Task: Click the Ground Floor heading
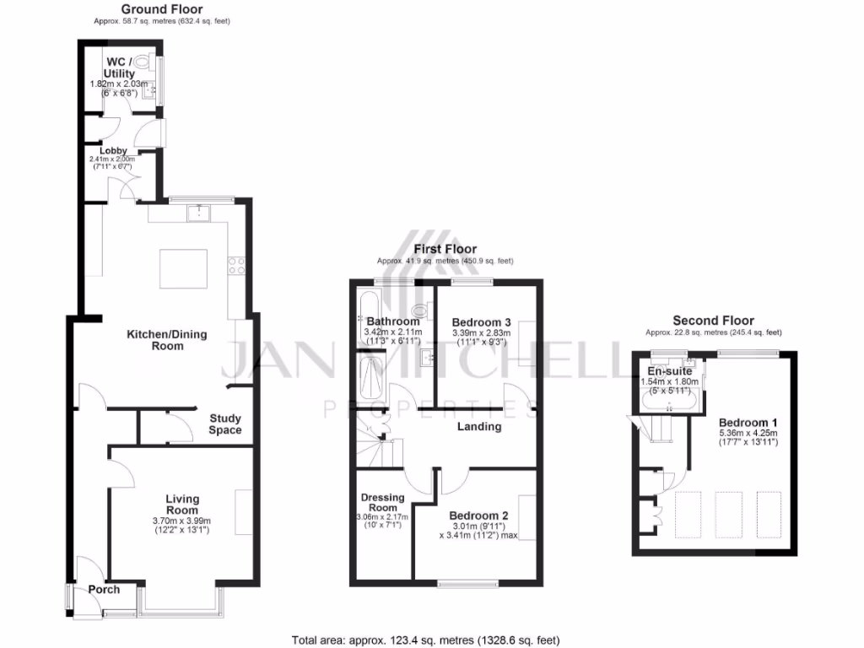[x=161, y=9]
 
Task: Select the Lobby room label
[x=113, y=150]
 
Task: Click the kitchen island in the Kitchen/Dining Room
[x=186, y=268]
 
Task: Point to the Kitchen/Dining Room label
[x=166, y=340]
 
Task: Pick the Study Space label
[x=225, y=424]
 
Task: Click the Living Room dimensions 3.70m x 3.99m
[x=182, y=521]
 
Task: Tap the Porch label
[x=104, y=590]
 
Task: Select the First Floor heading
[x=445, y=249]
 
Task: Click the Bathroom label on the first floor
[x=392, y=321]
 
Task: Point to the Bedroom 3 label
[x=481, y=322]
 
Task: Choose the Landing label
[x=479, y=427]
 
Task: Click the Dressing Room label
[x=382, y=503]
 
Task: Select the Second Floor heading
[x=713, y=321]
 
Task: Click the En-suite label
[x=670, y=371]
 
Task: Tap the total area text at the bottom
[x=425, y=640]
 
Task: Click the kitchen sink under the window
[x=199, y=212]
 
